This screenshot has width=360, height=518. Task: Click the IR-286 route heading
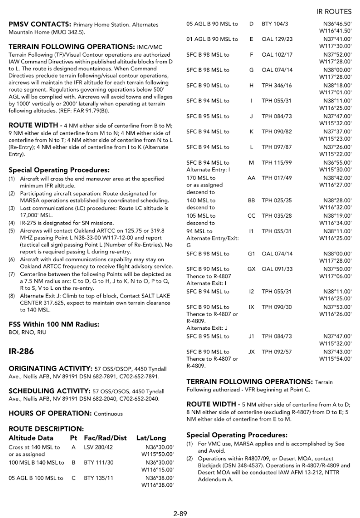pos(21,351)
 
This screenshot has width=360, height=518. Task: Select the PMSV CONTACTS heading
pos(40,24)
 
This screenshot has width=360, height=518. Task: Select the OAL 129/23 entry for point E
pos(277,39)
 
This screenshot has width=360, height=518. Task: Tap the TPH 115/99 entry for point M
pos(276,163)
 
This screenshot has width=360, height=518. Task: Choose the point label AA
pos(251,178)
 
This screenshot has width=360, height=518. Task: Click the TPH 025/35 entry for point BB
pos(276,201)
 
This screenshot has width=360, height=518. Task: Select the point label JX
pos(251,351)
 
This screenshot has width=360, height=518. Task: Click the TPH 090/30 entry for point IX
pos(276,307)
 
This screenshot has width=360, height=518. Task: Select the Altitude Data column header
pos(31,438)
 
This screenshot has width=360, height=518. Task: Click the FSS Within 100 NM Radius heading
pos(54,324)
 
